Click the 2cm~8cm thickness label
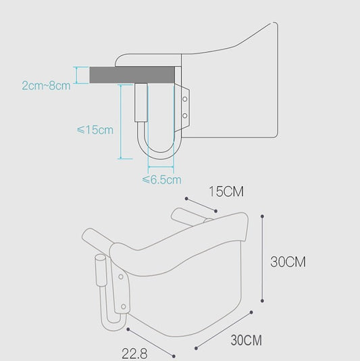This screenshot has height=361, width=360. (x=46, y=86)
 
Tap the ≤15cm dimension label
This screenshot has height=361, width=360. (x=95, y=130)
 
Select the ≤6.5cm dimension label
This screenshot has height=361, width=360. (x=161, y=180)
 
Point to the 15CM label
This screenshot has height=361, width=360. (x=226, y=191)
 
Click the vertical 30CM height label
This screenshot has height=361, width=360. (x=288, y=262)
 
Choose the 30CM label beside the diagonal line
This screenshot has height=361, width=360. (x=246, y=340)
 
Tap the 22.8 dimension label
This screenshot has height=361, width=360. (x=134, y=354)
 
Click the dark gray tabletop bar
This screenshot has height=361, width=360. (x=132, y=75)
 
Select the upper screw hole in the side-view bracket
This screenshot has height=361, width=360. (x=185, y=99)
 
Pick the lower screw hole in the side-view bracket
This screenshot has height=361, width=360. (x=184, y=116)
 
